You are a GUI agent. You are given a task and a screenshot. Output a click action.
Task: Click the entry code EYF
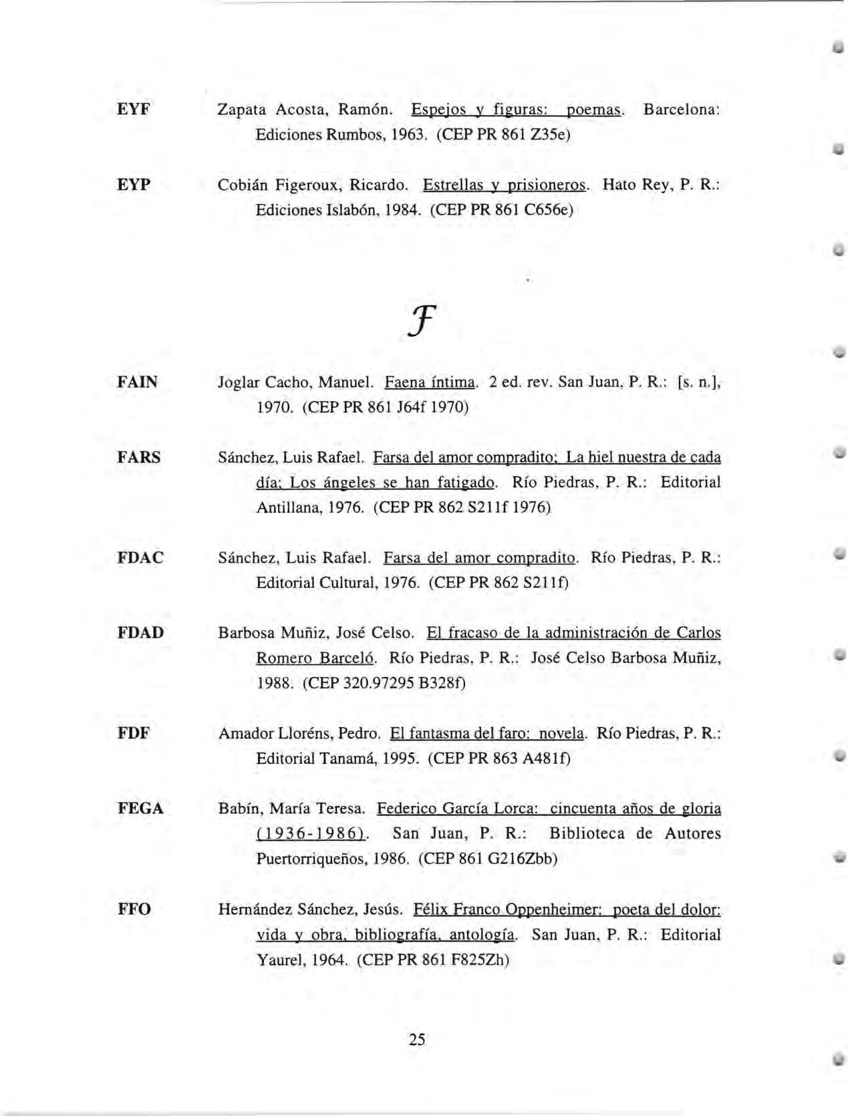pyautogui.click(x=134, y=109)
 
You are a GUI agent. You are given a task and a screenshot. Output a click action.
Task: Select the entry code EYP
pyautogui.click(x=134, y=184)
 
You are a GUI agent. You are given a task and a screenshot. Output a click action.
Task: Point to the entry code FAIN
pyautogui.click(x=138, y=382)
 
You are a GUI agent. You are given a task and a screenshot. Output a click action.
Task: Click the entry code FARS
pyautogui.click(x=139, y=458)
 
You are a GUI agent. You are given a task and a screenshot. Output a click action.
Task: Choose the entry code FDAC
pyautogui.click(x=140, y=557)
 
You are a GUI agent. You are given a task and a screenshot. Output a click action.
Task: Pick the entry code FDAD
pyautogui.click(x=140, y=632)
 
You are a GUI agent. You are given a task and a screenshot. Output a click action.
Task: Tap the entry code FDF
pyautogui.click(x=134, y=733)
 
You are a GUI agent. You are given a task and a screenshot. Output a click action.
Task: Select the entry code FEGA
pyautogui.click(x=140, y=809)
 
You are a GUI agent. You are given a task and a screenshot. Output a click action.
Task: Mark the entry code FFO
pyautogui.click(x=134, y=909)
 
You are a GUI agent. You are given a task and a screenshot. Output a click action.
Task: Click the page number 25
pyautogui.click(x=417, y=1039)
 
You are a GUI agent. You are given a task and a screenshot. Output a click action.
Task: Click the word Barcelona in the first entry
pyautogui.click(x=681, y=110)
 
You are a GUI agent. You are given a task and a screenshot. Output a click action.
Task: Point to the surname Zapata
pyautogui.click(x=242, y=110)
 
